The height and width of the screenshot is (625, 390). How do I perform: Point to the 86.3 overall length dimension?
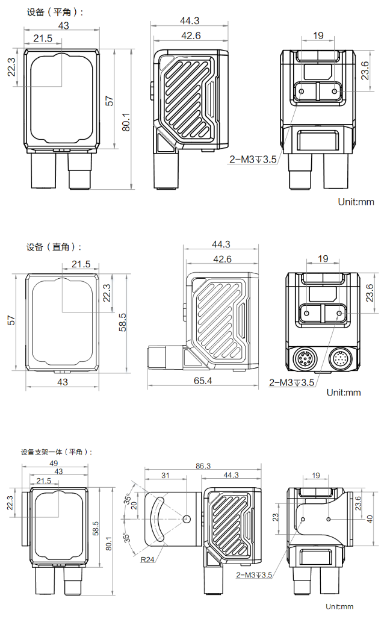coord(203,466)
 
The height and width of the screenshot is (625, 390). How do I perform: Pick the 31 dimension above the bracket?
coord(166,476)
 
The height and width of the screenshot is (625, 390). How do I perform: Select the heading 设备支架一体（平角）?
coord(57,452)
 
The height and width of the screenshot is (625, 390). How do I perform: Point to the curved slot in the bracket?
coord(155,518)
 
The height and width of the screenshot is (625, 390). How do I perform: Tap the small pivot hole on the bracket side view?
coord(187,518)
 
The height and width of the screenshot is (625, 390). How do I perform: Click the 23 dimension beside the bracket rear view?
coord(276,517)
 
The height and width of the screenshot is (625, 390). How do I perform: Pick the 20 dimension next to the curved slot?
coord(135,505)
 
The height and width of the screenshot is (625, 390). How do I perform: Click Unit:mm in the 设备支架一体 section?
coord(339,606)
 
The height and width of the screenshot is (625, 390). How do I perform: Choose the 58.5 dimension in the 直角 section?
coord(123,322)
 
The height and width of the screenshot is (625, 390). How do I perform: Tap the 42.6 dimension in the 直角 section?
coord(222,259)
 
